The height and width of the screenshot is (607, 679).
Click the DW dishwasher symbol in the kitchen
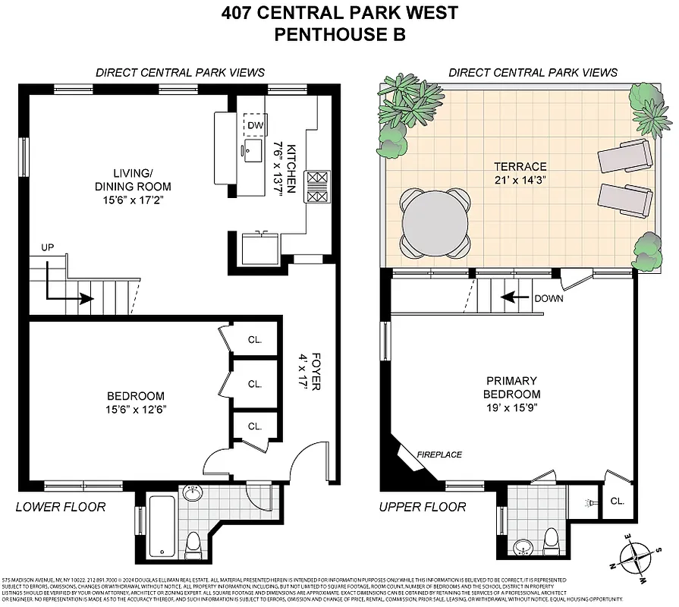coord(255,125)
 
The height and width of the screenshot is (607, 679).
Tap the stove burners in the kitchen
coord(317,187)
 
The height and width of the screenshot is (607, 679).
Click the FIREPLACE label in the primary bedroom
coord(439,454)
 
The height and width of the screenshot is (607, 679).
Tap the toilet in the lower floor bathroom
coord(193,544)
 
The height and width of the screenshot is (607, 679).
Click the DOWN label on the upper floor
coord(548,298)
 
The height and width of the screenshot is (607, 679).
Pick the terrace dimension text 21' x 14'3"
coord(520,181)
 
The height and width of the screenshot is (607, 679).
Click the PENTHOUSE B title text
coord(339,34)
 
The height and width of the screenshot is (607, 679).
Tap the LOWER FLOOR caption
coord(61,507)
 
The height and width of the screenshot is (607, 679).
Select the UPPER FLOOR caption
coord(423,507)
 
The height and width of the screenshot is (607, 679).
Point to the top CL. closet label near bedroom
coord(255,340)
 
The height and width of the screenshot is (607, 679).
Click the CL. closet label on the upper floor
coord(617,501)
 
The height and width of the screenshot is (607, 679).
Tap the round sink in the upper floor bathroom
coord(523,546)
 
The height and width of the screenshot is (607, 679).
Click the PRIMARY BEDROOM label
coord(512,387)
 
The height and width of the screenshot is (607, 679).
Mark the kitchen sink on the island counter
coord(250,147)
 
